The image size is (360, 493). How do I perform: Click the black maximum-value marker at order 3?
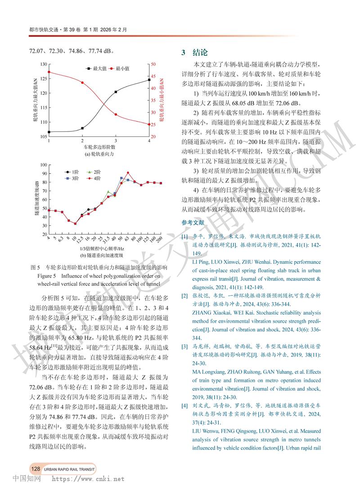click(116, 92)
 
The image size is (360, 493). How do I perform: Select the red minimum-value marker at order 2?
click(82, 83)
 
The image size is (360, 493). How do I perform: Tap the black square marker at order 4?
click(149, 80)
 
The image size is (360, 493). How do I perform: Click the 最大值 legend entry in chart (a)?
click(96, 68)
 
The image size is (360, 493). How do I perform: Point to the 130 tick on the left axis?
click(43, 64)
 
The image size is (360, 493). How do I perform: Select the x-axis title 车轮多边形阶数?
click(99, 147)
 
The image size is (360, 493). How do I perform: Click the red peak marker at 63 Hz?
click(128, 172)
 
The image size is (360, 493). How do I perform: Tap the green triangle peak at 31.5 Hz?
click(108, 191)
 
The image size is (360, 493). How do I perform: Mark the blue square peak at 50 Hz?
click(121, 178)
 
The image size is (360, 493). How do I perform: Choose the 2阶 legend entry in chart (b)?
click(94, 172)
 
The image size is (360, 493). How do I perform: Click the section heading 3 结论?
click(194, 52)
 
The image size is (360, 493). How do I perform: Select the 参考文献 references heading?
click(193, 222)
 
